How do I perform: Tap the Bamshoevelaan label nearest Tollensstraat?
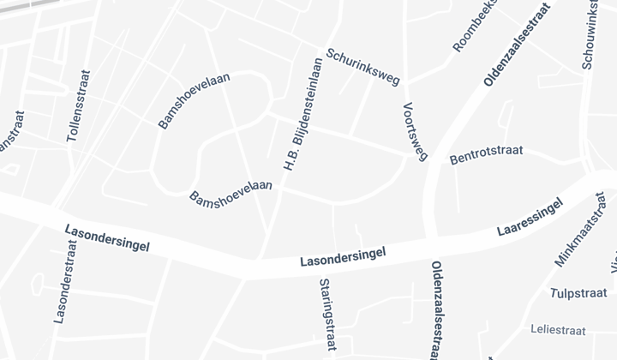click(x=195, y=100)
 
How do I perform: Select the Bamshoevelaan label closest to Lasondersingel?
click(x=231, y=191)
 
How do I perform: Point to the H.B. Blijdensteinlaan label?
click(x=303, y=113)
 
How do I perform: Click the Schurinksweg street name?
click(x=362, y=67)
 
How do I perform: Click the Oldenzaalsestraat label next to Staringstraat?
click(x=436, y=310)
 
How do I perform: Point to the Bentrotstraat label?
click(x=486, y=155)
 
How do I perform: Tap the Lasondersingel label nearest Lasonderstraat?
click(x=107, y=238)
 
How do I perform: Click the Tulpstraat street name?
click(x=578, y=292)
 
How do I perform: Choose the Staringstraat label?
click(x=326, y=315)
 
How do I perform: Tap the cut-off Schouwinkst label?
click(x=590, y=34)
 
